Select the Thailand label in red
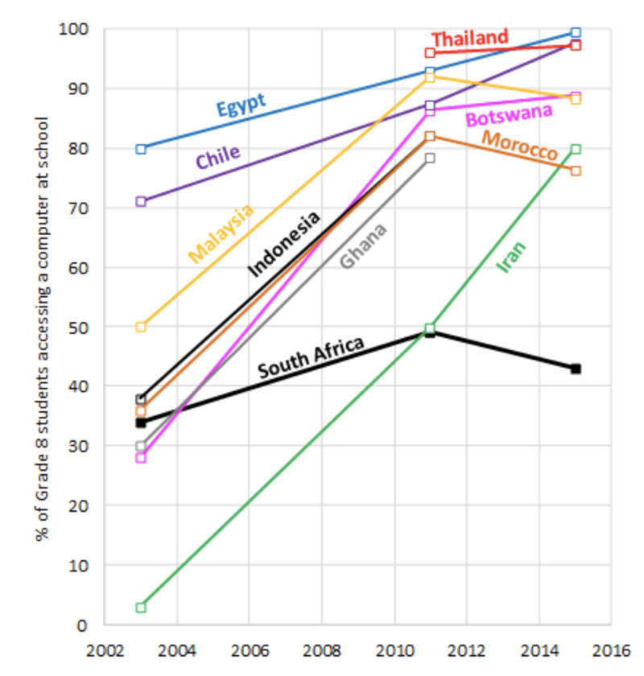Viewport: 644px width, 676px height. [469, 38]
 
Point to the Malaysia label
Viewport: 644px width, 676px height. [221, 233]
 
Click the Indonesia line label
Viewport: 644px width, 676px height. [283, 243]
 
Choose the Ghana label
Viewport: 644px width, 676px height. [363, 245]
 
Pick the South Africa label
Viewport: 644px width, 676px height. [311, 357]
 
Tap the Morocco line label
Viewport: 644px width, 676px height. [519, 145]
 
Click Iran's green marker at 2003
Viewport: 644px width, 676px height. [141, 607]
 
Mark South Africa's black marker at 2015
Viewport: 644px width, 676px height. [576, 369]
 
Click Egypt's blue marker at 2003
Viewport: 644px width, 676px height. [141, 149]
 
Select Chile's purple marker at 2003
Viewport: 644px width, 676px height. [141, 201]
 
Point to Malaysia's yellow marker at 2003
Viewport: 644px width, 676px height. [141, 327]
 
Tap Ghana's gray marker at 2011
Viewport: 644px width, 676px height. [430, 158]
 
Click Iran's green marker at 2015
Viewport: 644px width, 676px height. [576, 149]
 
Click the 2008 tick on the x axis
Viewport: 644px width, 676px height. [321, 649]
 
